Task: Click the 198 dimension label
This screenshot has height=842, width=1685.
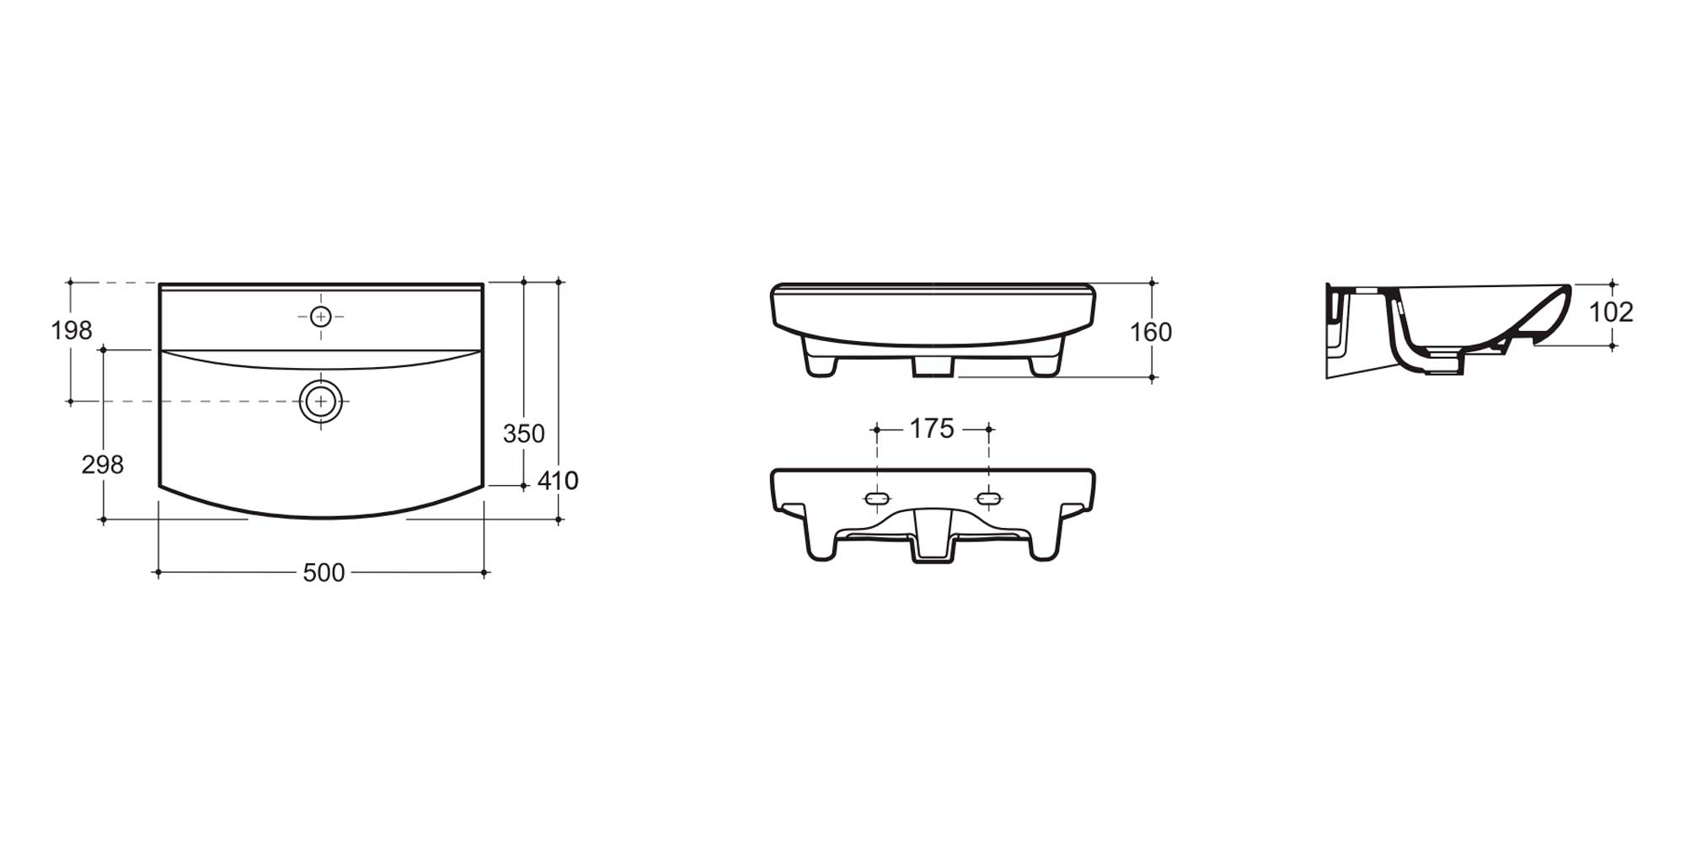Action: (x=72, y=331)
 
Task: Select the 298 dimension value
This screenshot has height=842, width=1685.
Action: (x=102, y=465)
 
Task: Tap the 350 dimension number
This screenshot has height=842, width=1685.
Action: (x=523, y=434)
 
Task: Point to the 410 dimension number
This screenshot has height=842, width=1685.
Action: (x=558, y=481)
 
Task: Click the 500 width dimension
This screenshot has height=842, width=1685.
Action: (x=324, y=573)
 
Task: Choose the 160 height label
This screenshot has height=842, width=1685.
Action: (x=1151, y=333)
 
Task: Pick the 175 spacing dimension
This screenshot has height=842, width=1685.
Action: (x=932, y=429)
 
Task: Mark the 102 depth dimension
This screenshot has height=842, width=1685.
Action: (x=1611, y=312)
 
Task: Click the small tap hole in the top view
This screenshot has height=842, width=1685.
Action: (x=320, y=317)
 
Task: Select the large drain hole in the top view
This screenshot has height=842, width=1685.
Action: (x=320, y=402)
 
